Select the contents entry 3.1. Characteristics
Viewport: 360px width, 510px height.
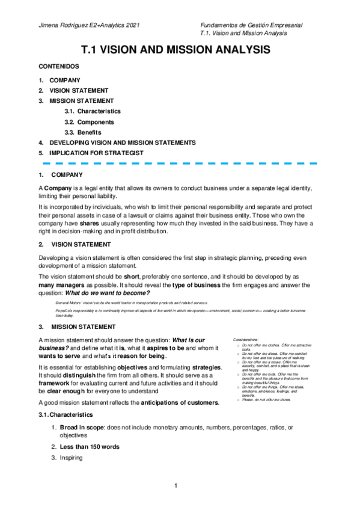click(93, 111)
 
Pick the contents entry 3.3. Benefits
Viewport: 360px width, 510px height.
click(84, 132)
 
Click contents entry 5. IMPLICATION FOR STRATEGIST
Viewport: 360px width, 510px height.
click(96, 153)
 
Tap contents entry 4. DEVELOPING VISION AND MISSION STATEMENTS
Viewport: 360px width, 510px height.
click(122, 143)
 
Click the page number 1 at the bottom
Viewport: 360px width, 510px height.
click(177, 485)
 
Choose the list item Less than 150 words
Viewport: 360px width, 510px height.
click(89, 447)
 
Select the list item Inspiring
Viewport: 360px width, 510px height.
click(72, 458)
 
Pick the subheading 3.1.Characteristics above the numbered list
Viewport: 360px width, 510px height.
click(65, 415)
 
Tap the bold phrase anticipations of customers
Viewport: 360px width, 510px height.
click(179, 402)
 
